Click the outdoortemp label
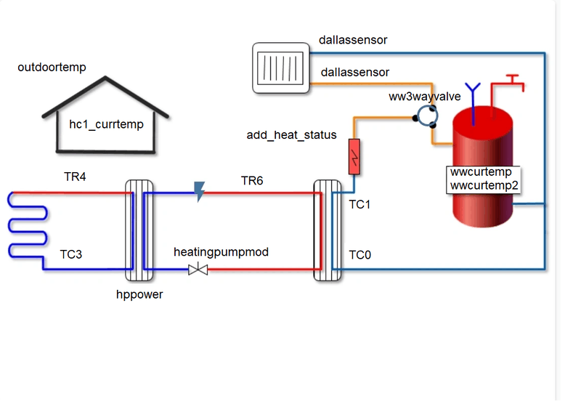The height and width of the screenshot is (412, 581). [52, 68]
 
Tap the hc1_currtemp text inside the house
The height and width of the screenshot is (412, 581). [106, 124]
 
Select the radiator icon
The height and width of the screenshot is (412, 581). [282, 68]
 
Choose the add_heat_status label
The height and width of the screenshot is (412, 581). [292, 134]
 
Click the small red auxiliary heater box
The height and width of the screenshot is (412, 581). [355, 156]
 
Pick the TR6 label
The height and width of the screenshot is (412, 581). [251, 181]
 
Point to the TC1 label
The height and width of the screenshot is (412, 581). [359, 205]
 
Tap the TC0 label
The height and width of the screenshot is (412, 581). [359, 255]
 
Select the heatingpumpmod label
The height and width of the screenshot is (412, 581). [221, 252]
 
